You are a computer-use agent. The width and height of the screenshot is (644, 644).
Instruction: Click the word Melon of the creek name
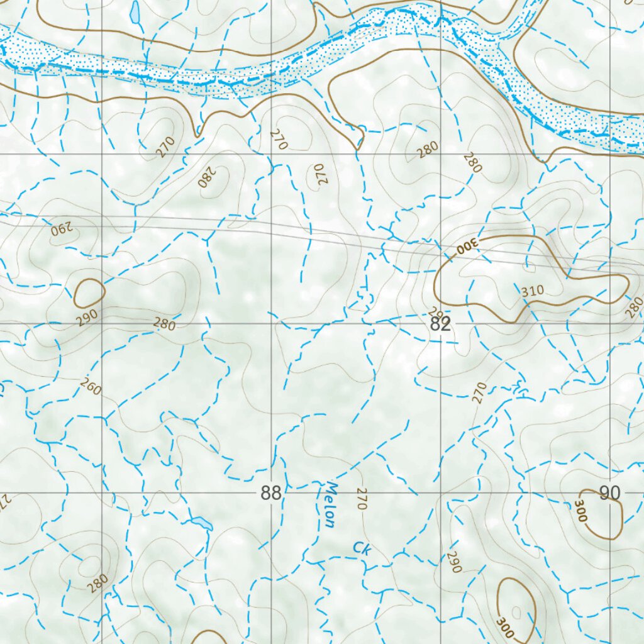click(330, 504)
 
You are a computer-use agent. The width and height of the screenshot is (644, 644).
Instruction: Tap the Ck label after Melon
click(362, 548)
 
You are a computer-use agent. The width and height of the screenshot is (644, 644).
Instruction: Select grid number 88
click(271, 493)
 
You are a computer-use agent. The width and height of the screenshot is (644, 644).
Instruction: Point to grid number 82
click(441, 325)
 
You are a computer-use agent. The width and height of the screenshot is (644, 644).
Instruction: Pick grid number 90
click(609, 493)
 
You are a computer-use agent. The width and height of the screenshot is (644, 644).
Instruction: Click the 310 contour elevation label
click(531, 291)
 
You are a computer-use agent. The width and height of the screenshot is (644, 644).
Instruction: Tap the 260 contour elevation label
click(91, 388)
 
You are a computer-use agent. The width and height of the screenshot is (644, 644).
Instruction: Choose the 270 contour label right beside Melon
click(361, 498)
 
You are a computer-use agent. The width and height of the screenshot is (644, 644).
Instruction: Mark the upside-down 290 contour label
click(62, 228)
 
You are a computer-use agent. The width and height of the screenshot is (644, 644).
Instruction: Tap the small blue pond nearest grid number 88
click(202, 523)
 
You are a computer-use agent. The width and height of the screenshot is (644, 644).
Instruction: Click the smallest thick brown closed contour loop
click(89, 293)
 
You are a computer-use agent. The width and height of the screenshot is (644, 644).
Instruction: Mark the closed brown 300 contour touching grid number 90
click(603, 514)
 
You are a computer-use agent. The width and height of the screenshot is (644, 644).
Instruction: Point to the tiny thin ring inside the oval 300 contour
click(516, 611)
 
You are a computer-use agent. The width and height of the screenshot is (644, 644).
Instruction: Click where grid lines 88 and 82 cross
click(272, 323)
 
